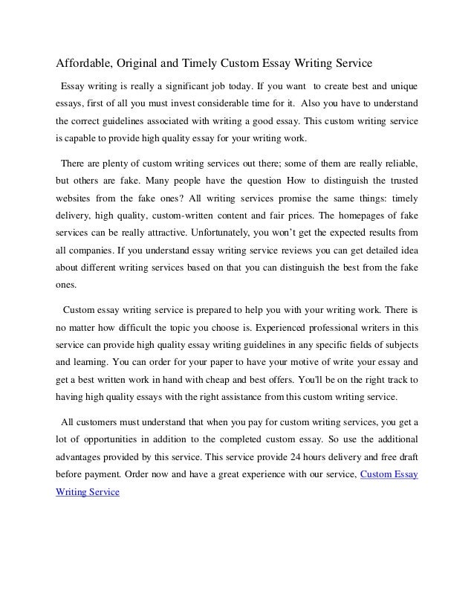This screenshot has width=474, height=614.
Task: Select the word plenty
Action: tap(120, 163)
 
